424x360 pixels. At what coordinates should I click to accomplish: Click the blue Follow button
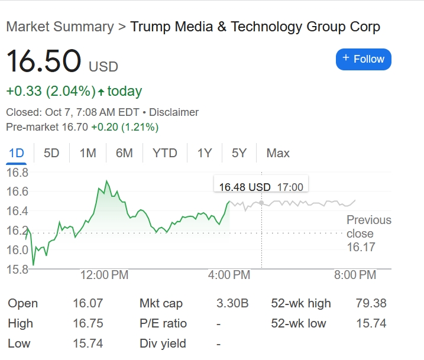tap(363, 59)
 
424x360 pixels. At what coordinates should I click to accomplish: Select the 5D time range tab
tap(51, 153)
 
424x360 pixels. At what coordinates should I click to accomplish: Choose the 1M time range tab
tap(88, 153)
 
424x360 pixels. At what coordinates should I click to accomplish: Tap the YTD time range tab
tap(164, 153)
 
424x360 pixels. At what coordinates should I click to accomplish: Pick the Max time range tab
tap(278, 153)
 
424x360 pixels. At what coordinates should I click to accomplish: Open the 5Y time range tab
tap(239, 153)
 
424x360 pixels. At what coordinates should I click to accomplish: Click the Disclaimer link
tap(174, 112)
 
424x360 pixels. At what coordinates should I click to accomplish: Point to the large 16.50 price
tap(43, 62)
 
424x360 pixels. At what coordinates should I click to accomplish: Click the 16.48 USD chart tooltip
tap(261, 187)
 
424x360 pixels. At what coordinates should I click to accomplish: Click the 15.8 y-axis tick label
tap(17, 269)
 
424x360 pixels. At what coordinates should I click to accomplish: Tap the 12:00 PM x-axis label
tap(104, 275)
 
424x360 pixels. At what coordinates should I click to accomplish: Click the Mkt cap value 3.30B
tap(232, 303)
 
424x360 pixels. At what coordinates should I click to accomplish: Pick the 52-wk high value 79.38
tap(371, 303)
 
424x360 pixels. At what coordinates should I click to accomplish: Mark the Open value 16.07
tap(88, 303)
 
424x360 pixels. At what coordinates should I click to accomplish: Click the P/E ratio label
tap(163, 323)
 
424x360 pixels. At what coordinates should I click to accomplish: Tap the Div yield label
tap(163, 343)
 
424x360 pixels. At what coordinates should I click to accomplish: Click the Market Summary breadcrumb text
tap(59, 27)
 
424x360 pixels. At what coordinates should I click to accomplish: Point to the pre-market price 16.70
tap(74, 127)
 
